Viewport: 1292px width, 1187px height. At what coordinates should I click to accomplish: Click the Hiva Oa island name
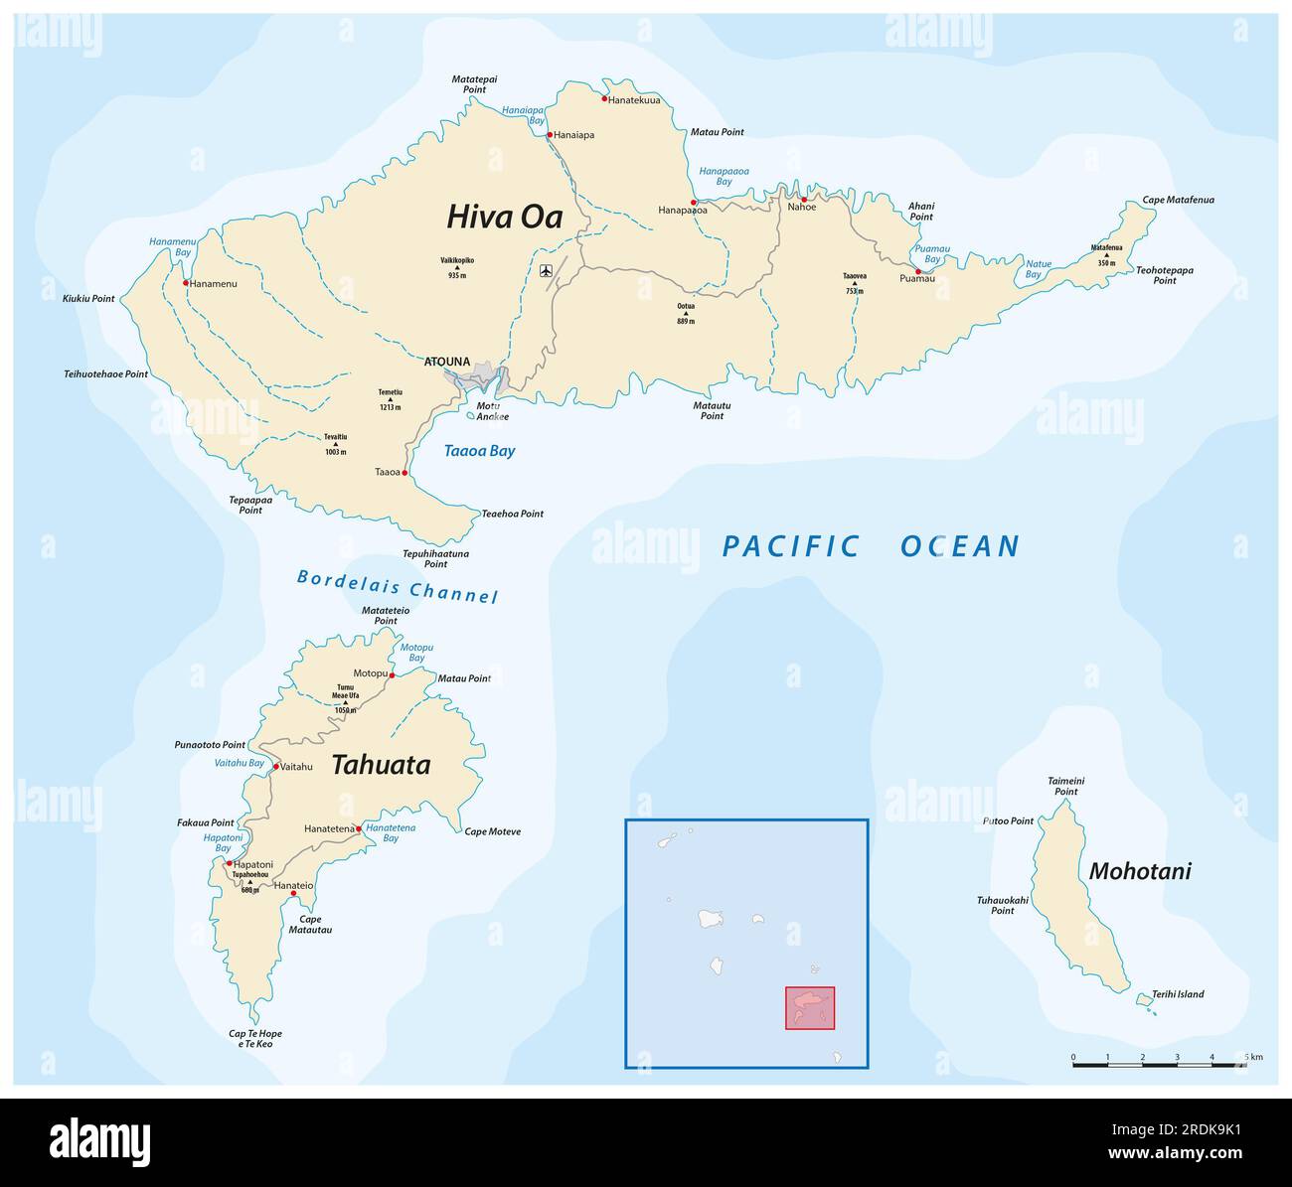504,217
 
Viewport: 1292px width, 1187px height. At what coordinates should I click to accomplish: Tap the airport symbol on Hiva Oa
545,269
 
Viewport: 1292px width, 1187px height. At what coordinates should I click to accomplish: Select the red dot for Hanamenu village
186,282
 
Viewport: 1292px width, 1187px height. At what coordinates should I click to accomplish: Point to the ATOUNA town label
446,363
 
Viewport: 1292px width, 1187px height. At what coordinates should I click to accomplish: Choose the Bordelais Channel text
397,586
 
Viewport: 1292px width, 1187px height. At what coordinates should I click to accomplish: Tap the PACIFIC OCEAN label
871,545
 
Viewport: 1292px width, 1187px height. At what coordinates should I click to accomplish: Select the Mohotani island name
1139,872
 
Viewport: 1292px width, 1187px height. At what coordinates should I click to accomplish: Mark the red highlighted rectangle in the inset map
810,1007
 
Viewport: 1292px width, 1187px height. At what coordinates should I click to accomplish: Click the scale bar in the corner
1159,1064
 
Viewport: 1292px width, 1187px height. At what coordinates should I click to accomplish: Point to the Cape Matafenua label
1178,200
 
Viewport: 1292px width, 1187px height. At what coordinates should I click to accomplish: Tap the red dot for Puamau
918,270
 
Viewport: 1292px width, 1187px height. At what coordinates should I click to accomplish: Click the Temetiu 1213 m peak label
390,399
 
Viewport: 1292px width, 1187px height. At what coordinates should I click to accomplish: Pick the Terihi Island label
1178,994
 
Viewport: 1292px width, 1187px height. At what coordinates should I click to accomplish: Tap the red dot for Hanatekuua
604,99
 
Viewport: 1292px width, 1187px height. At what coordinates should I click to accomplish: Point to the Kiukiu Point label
88,298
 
